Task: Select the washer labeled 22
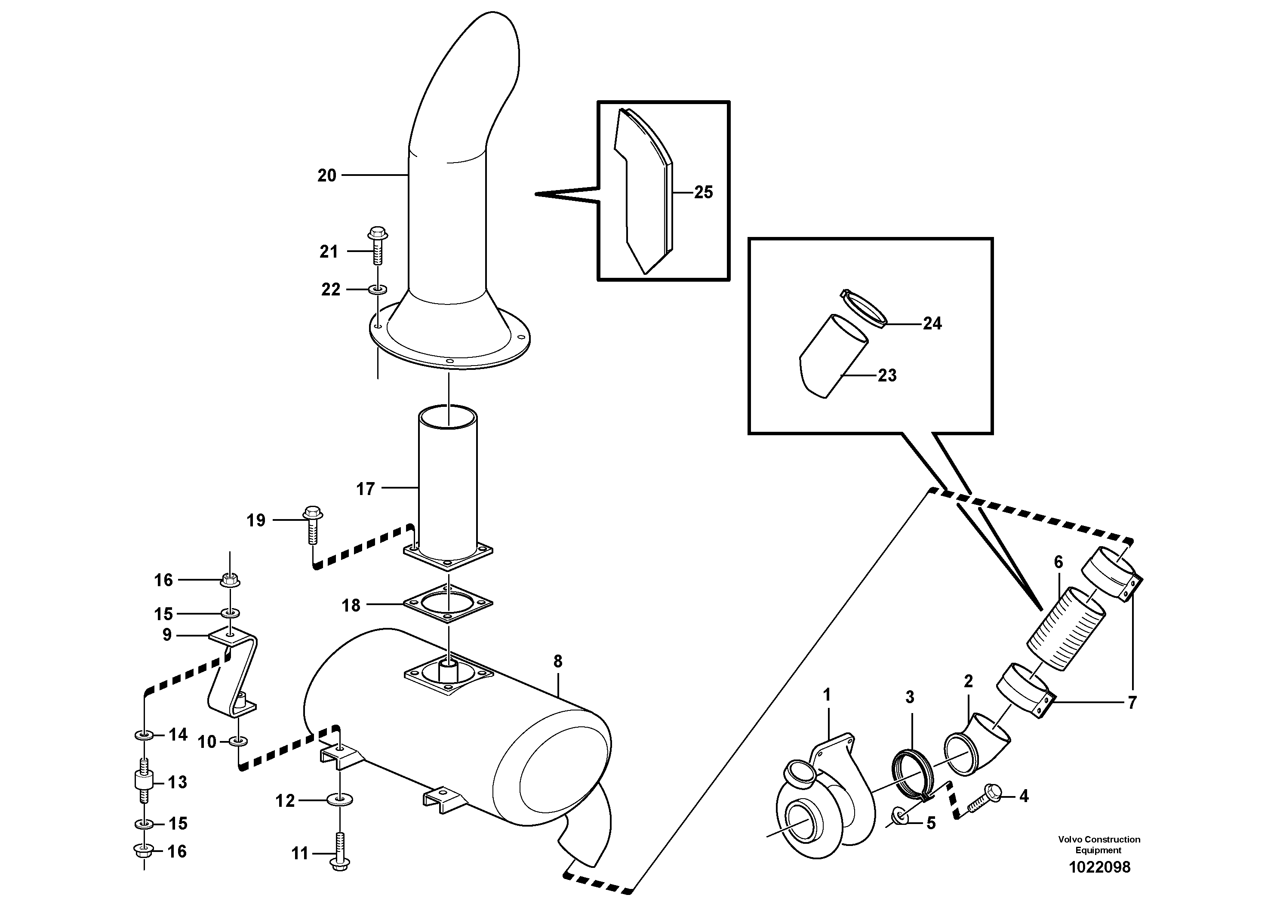pos(378,290)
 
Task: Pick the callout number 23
pos(887,375)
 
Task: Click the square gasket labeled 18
pos(448,603)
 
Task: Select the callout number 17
pos(365,489)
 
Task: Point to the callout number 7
pos(1131,703)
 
